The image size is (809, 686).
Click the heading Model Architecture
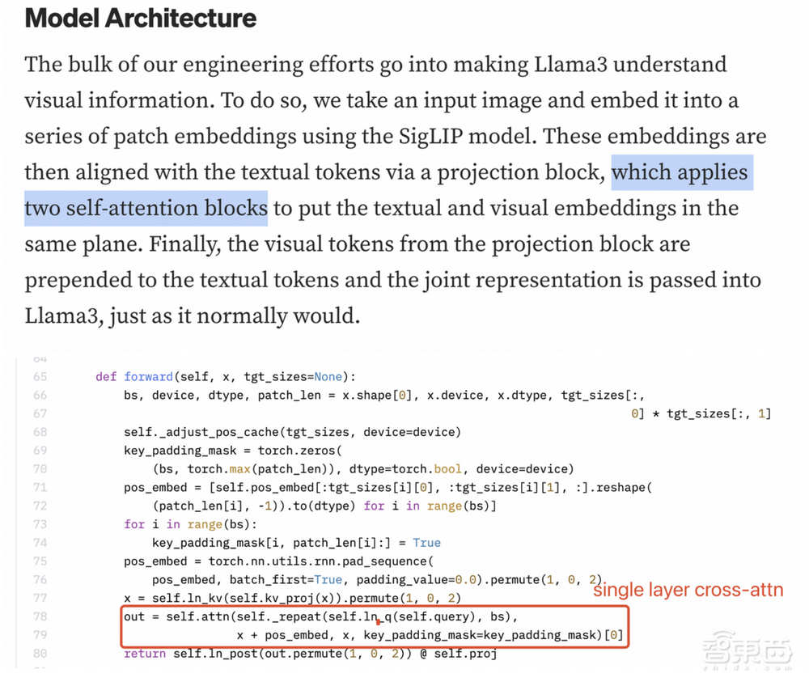(140, 18)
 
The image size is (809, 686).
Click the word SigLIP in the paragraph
(430, 136)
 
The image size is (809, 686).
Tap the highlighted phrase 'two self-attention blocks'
(146, 208)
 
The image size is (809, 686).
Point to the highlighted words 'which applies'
(682, 172)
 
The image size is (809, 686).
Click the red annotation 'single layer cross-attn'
(688, 590)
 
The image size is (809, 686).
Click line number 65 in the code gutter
(40, 376)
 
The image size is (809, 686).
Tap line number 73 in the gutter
(40, 524)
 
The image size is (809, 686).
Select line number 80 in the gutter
(40, 654)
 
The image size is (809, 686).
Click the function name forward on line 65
(148, 376)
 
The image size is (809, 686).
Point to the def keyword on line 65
(106, 376)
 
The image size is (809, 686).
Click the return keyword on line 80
(145, 654)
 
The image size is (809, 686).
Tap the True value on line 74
(426, 543)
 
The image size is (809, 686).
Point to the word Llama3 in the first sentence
(570, 65)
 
